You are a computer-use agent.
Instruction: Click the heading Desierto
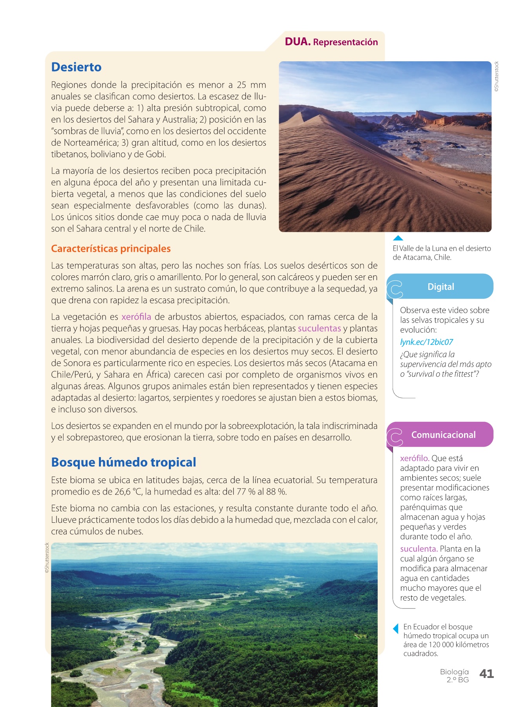click(x=76, y=67)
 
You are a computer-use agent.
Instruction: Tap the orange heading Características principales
click(x=111, y=249)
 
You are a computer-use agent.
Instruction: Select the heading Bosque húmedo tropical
click(x=124, y=462)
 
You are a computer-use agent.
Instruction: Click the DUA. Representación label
click(x=331, y=42)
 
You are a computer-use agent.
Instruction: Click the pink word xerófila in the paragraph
click(x=136, y=317)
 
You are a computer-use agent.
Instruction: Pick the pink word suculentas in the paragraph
click(x=319, y=328)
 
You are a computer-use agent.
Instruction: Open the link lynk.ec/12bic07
click(x=426, y=342)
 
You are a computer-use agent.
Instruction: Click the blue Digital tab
click(x=440, y=287)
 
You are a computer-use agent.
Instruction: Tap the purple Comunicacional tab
click(x=443, y=435)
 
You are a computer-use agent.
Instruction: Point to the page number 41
click(x=486, y=674)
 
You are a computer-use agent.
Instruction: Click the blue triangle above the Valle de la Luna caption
click(x=398, y=238)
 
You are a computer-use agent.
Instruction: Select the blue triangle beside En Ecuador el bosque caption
click(x=396, y=628)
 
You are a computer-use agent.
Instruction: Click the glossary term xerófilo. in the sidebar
click(x=415, y=458)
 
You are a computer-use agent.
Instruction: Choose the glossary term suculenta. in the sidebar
click(x=419, y=549)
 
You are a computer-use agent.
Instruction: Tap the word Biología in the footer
click(x=454, y=672)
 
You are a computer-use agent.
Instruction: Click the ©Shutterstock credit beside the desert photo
click(x=497, y=77)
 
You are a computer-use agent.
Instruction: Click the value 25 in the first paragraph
click(x=241, y=85)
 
